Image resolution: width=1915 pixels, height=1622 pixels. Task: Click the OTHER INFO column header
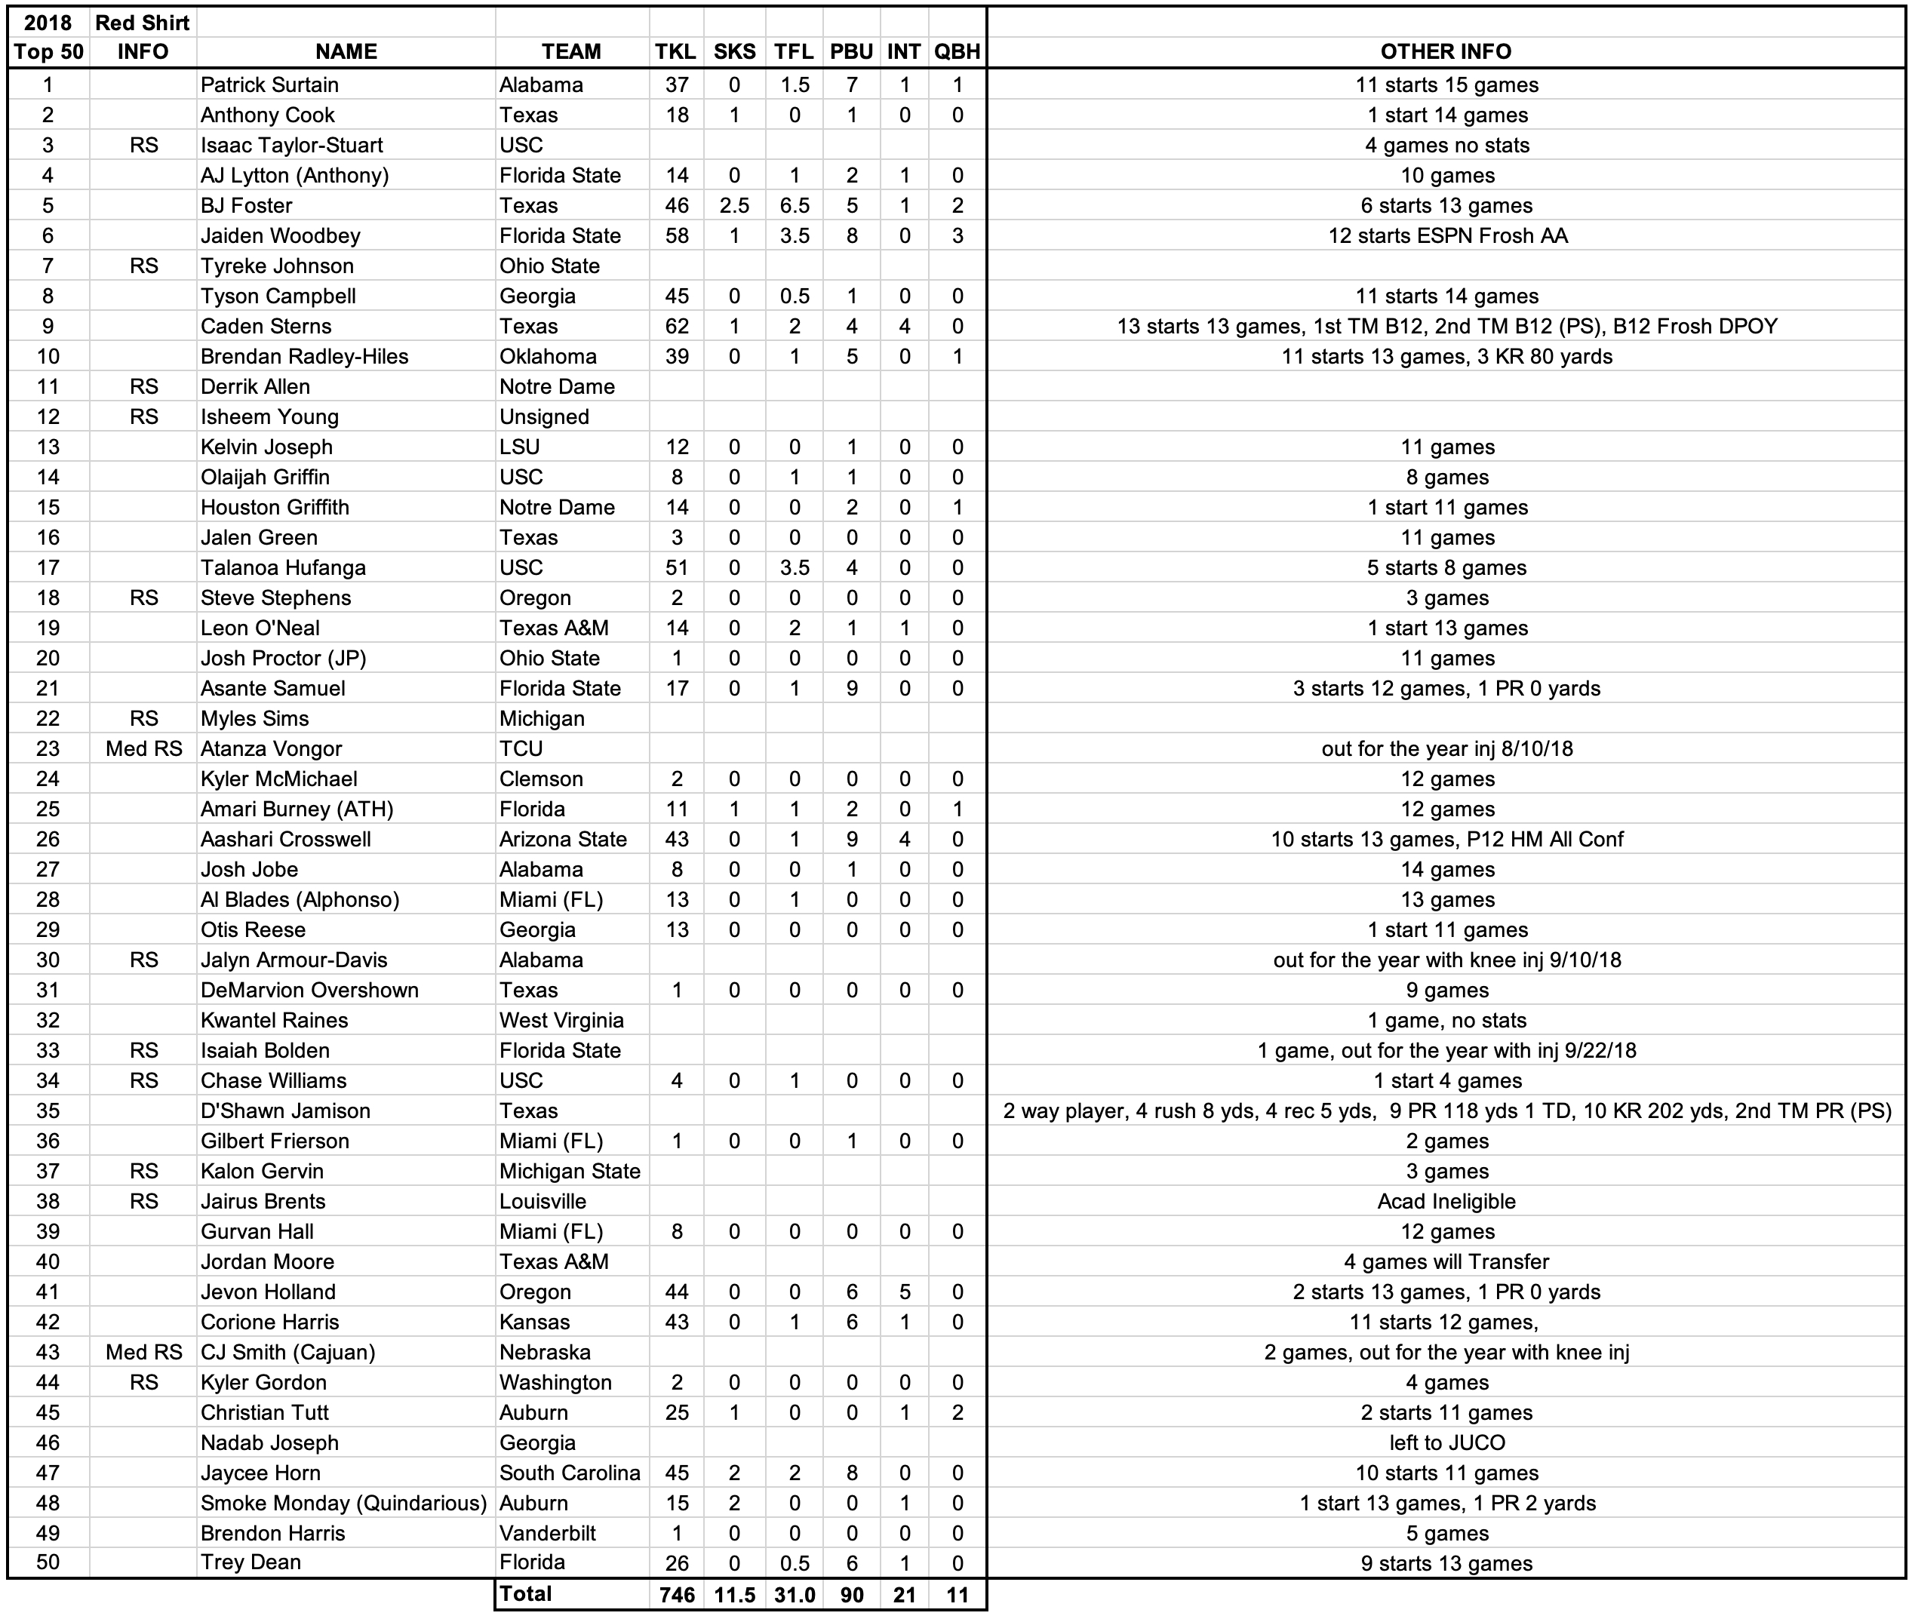(1446, 51)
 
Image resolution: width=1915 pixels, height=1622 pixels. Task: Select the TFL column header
(794, 51)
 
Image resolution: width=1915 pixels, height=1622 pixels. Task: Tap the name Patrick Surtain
(269, 84)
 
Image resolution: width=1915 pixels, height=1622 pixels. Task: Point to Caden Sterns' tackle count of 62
(677, 327)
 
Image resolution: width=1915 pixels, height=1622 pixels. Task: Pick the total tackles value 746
(677, 1594)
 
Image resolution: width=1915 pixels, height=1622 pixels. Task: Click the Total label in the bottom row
(525, 1593)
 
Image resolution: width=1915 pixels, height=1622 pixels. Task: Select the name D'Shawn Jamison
(285, 1111)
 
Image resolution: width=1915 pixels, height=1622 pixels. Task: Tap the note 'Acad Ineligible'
(1446, 1201)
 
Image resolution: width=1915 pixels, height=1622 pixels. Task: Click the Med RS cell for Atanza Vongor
(143, 748)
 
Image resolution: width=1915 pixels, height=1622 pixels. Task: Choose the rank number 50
(48, 1562)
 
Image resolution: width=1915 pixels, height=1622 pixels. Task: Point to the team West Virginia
(561, 1020)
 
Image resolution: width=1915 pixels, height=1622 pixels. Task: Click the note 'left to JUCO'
(1446, 1442)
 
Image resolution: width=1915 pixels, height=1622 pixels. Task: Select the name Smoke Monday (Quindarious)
(343, 1503)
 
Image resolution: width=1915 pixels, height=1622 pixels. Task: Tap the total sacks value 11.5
(734, 1594)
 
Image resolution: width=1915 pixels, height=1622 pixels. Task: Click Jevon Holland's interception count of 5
(904, 1292)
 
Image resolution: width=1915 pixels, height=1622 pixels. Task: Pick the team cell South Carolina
(570, 1473)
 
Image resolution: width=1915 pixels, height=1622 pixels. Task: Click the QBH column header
(957, 51)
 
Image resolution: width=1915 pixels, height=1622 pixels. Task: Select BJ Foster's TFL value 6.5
(794, 205)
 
